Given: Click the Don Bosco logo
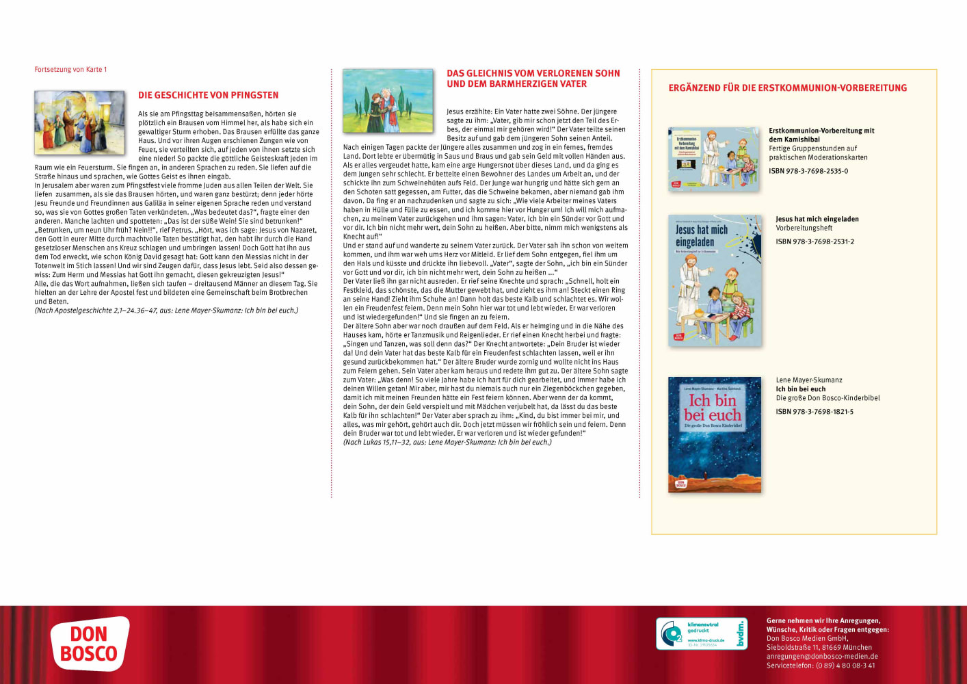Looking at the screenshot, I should point(90,644).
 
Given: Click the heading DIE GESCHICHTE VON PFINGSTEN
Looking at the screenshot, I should point(208,96).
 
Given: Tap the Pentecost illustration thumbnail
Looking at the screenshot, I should point(79,123).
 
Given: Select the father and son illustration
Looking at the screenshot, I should point(388,101).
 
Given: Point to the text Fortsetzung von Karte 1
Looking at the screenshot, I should point(70,70).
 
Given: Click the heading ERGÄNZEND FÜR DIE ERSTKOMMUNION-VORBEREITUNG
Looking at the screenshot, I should point(787,88).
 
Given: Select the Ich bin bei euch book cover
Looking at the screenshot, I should point(714,434).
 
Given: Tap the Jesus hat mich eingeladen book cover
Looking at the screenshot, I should point(714,280).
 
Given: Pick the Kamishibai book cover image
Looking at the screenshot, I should point(713,159).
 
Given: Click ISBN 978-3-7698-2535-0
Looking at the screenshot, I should point(808,171).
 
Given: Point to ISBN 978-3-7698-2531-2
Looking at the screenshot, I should point(814,241).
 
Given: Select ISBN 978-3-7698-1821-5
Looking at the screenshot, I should point(814,412).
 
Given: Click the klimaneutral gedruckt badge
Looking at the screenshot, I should point(701,633).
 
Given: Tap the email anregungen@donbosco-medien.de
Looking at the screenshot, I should point(822,657).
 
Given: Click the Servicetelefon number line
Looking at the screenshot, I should point(821,666).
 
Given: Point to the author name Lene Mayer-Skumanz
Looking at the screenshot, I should point(808,380).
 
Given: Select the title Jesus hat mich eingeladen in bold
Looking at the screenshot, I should point(817,220).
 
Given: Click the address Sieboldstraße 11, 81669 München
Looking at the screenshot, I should point(819,648).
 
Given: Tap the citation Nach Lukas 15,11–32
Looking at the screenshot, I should point(447,443).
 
